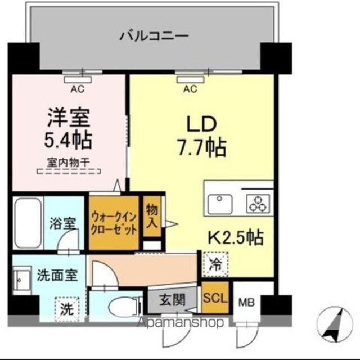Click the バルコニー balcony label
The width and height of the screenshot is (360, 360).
[x=154, y=36]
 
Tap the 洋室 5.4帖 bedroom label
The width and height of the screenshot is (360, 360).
[x=68, y=129]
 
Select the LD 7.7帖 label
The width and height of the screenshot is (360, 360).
[x=201, y=136]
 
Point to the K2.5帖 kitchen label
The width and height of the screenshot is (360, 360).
[x=236, y=237]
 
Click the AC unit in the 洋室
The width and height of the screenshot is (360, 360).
[x=78, y=79]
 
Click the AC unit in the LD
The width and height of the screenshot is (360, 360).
[x=190, y=79]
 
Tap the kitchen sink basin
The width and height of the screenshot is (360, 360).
[x=220, y=204]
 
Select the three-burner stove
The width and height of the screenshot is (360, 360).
[x=258, y=204]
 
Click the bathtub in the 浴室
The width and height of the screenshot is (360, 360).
[x=28, y=223]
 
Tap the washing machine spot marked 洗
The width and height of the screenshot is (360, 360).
[x=67, y=309]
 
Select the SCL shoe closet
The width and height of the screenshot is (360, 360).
[x=215, y=298]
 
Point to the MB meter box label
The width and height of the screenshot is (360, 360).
[x=246, y=302]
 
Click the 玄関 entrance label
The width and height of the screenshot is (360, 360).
[x=172, y=300]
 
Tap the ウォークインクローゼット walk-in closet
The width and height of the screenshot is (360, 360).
[x=114, y=223]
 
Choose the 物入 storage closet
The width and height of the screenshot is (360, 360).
[x=152, y=216]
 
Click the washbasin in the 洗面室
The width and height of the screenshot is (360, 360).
[x=22, y=280]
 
